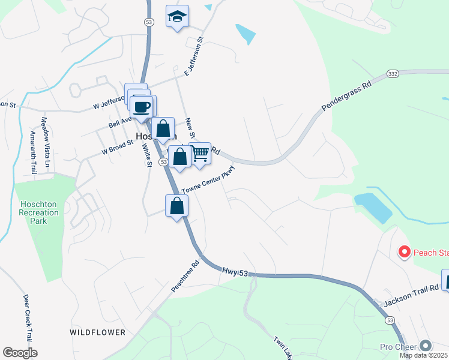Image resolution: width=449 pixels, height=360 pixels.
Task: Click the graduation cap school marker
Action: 177,17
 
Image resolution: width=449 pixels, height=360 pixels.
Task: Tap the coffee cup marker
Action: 142,107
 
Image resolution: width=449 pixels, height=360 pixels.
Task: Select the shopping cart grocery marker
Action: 200,154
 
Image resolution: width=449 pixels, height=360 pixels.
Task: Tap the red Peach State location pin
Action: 404,252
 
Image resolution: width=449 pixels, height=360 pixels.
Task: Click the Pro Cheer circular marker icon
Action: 426,346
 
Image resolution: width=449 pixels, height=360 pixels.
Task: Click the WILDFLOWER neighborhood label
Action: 98,332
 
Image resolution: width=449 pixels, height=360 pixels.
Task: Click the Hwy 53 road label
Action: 234,272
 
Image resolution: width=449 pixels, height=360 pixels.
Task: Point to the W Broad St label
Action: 117,148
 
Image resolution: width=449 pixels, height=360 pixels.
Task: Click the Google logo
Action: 20,353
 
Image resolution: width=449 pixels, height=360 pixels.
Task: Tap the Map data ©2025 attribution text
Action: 424,355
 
